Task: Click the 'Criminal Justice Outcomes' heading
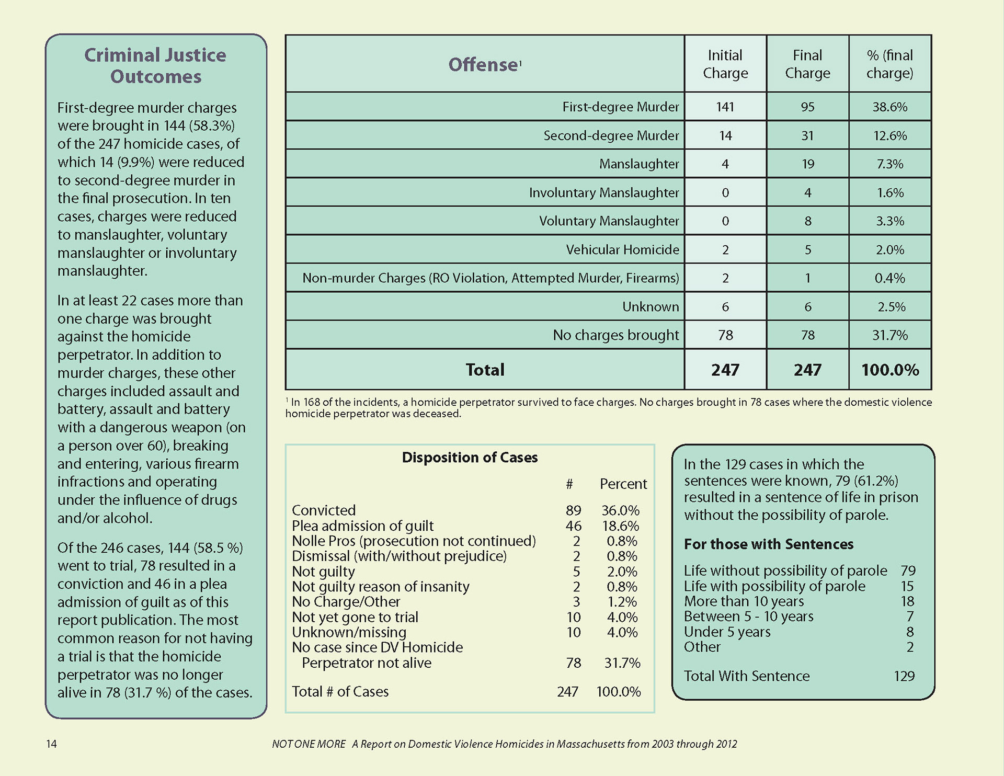(155, 65)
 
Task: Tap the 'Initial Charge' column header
(725, 64)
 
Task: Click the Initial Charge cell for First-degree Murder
(725, 107)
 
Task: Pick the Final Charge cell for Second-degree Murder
(807, 135)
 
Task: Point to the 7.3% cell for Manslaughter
(890, 164)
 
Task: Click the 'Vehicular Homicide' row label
(622, 249)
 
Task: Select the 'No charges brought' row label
(615, 335)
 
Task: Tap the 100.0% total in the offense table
(890, 370)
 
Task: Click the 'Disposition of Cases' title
(470, 458)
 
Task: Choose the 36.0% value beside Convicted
(620, 510)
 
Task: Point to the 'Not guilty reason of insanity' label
(380, 587)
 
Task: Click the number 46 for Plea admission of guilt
(573, 526)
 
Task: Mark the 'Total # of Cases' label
(340, 691)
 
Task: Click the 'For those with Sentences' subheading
(769, 544)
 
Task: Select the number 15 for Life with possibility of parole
(907, 586)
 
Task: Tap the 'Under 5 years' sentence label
(727, 632)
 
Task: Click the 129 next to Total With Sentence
(904, 676)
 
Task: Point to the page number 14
(51, 744)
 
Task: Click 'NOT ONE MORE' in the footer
(309, 744)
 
